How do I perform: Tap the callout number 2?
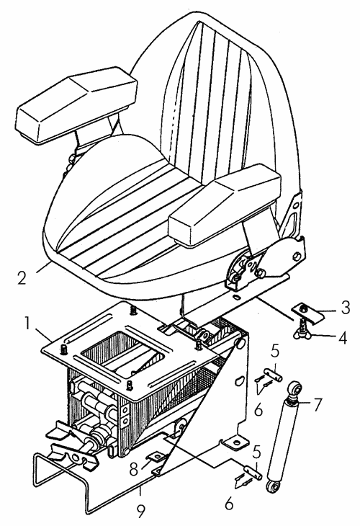click(x=22, y=277)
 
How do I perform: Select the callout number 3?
click(x=345, y=307)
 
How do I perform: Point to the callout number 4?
click(x=342, y=337)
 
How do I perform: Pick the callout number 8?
click(x=134, y=469)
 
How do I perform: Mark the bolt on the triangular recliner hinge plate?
click(x=297, y=257)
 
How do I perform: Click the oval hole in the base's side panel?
click(x=238, y=380)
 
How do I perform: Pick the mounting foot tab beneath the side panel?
click(x=235, y=442)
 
